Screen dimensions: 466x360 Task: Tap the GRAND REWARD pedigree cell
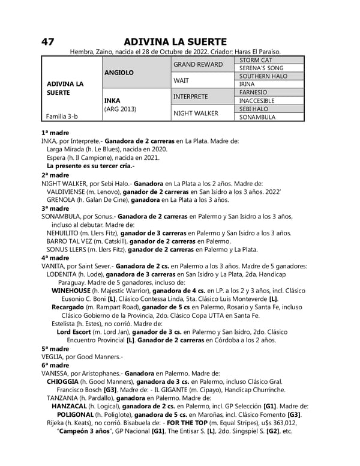pyautogui.click(x=198, y=64)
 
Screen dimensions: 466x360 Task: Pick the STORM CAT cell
pyautogui.click(x=256, y=60)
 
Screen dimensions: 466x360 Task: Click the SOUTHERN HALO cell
pyautogui.click(x=263, y=76)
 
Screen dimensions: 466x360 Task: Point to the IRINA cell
pyautogui.click(x=247, y=85)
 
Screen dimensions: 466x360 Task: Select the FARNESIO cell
pyautogui.click(x=253, y=92)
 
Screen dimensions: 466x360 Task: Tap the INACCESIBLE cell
pyautogui.click(x=257, y=101)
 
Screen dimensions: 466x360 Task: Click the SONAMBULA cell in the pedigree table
pyautogui.click(x=257, y=117)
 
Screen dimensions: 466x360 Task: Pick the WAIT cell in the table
pyautogui.click(x=181, y=80)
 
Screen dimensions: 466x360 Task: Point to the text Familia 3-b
pyautogui.click(x=61, y=117)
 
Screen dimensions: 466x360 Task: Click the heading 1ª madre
pyautogui.click(x=55, y=132)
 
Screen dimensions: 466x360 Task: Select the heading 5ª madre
pyautogui.click(x=55, y=348)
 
